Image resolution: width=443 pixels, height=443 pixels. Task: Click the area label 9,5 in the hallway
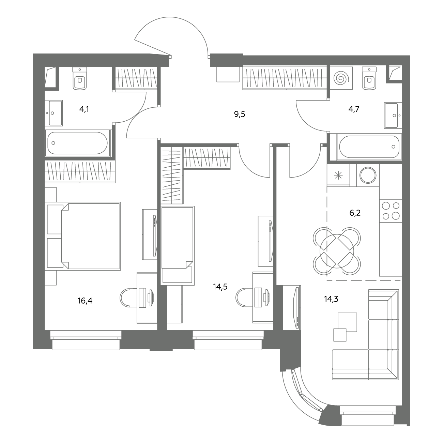240,114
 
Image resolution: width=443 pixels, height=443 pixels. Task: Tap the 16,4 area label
85,301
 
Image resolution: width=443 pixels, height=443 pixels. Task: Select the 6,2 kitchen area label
355,213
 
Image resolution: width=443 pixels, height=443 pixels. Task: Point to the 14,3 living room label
331,299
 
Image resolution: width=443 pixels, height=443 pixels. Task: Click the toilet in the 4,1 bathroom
79,78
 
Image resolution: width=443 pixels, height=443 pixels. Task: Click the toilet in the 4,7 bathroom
369,78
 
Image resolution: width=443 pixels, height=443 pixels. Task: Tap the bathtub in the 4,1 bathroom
77,143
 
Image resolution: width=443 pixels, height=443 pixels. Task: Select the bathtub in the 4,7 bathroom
369,147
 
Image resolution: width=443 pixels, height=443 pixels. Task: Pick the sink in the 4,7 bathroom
393,116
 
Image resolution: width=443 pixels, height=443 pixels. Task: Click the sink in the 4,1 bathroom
54,113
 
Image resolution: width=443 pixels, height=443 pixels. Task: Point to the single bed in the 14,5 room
178,245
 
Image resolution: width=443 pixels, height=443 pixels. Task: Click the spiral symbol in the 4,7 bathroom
341,78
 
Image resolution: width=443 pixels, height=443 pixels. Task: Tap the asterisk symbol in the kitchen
338,176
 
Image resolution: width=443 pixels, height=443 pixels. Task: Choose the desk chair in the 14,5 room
244,298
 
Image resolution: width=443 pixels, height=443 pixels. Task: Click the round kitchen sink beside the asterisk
368,175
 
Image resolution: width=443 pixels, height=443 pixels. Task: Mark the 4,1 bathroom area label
84,109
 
